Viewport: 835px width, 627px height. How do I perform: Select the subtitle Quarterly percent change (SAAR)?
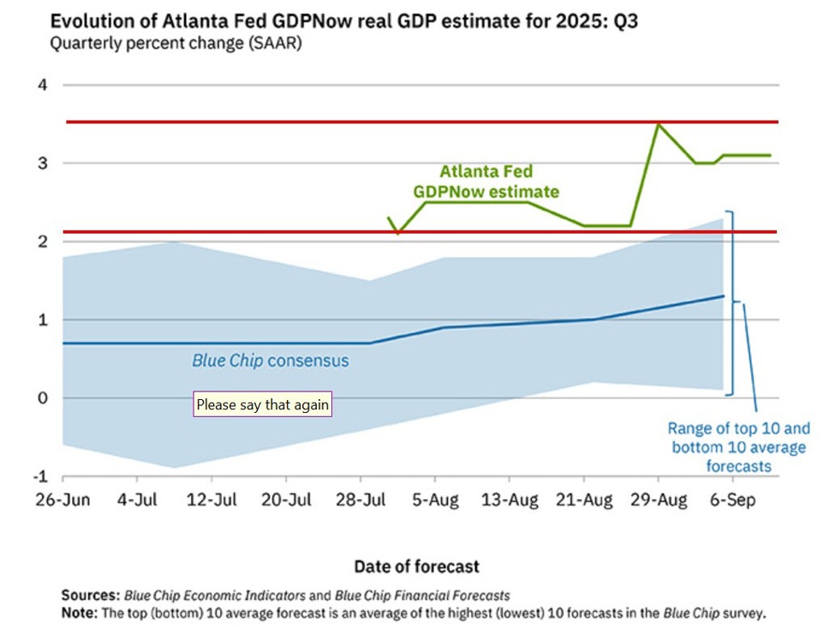176,44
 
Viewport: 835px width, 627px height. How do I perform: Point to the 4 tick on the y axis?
42,85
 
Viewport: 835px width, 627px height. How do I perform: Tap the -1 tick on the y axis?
39,476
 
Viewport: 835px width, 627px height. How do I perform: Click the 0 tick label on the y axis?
42,398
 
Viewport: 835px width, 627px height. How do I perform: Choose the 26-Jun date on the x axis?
64,500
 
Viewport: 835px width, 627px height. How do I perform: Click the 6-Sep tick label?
732,500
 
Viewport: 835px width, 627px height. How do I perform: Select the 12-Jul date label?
212,500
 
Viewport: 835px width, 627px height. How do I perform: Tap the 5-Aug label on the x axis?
435,500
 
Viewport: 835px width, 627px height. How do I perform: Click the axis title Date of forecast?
417,566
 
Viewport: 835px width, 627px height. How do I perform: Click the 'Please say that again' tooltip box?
262,404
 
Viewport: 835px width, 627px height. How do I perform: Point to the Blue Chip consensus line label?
271,361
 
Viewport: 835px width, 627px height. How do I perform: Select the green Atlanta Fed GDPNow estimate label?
486,182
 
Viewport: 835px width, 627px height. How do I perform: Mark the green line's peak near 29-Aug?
658,125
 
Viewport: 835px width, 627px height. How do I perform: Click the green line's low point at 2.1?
398,232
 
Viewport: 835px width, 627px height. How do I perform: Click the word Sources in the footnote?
90,595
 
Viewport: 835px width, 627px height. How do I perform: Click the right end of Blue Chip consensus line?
724,296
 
